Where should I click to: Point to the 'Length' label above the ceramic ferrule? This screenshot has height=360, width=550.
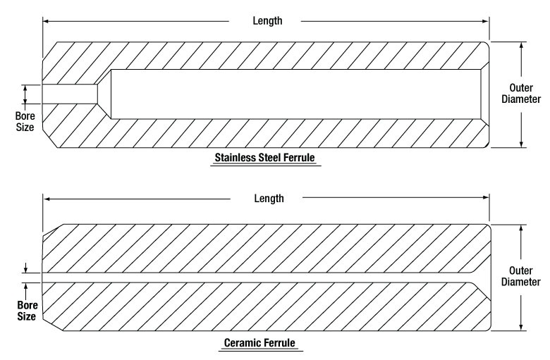coord(269,198)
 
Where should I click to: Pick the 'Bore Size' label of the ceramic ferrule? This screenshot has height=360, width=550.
coord(25,311)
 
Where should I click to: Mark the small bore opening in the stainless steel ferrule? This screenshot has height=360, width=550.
coord(69,94)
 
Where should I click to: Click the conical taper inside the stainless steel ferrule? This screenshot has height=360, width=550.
coord(104,94)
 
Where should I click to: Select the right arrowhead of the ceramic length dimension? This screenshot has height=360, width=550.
coord(487,199)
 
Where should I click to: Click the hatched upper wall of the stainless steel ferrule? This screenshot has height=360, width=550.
coord(282,55)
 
